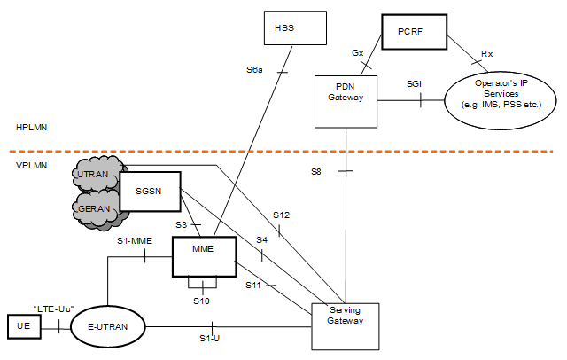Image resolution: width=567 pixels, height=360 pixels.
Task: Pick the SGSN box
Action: (150, 192)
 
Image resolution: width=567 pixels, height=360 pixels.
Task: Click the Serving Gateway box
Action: (346, 324)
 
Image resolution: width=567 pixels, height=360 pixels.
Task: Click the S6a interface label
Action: (254, 69)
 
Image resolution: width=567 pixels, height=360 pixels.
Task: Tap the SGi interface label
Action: (414, 83)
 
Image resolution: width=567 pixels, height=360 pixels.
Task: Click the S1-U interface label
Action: (209, 339)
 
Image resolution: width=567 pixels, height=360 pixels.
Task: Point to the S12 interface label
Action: (281, 215)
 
